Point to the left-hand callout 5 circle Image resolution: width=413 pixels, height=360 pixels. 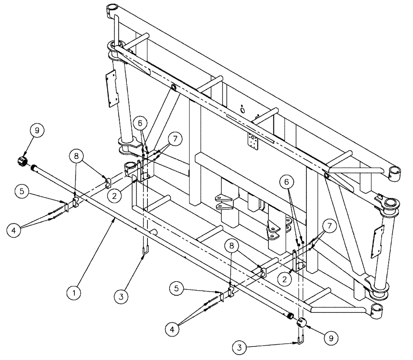point(23,192)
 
